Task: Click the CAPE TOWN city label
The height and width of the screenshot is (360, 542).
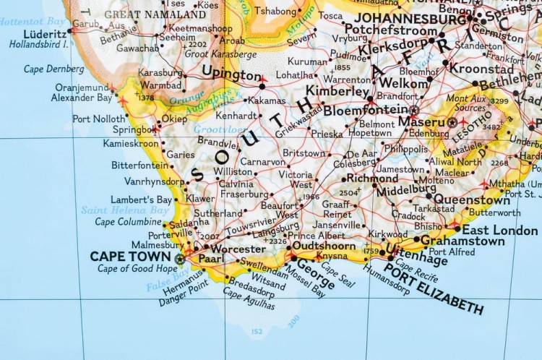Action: pyautogui.click(x=129, y=257)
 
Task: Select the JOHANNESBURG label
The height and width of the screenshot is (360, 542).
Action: pyautogui.click(x=410, y=19)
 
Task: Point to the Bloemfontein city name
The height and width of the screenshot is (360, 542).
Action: pyautogui.click(x=365, y=110)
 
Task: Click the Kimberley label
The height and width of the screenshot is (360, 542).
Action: pyautogui.click(x=337, y=91)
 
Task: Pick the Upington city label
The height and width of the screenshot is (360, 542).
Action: pyautogui.click(x=231, y=74)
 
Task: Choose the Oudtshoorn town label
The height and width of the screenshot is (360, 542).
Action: pyautogui.click(x=325, y=246)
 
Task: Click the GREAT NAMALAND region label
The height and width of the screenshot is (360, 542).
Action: pyautogui.click(x=155, y=14)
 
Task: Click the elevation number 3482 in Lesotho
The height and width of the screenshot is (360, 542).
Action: pyautogui.click(x=491, y=128)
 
